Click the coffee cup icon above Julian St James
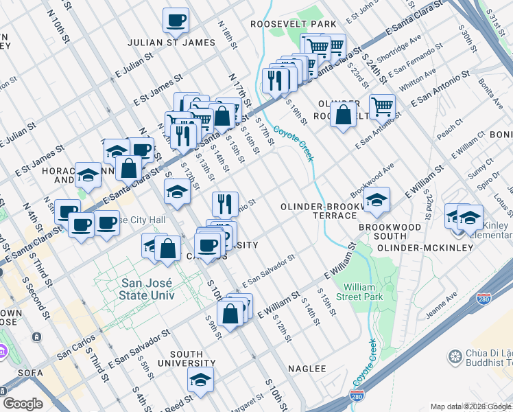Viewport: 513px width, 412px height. tap(176, 20)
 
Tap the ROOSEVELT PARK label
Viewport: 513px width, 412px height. tap(293, 24)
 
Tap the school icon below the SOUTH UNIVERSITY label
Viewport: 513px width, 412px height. tap(200, 380)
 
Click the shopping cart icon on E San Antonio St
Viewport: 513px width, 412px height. tap(382, 106)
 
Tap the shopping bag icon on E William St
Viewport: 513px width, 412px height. tap(232, 314)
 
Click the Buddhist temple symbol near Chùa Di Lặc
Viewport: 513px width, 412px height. tap(454, 356)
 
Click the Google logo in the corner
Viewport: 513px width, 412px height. tap(23, 404)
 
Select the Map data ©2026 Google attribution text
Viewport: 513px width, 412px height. tap(470, 407)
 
